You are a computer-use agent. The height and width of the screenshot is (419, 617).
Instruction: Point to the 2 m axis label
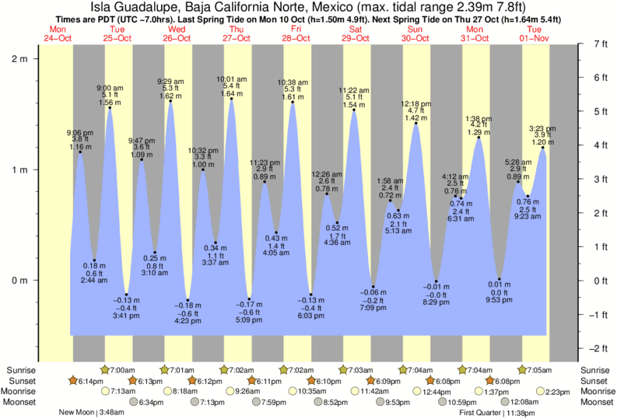pyautogui.click(x=20, y=58)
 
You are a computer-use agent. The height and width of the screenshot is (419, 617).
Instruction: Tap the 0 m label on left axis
pyautogui.click(x=20, y=281)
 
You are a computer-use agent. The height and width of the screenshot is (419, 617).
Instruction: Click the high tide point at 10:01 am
pyautogui.click(x=231, y=99)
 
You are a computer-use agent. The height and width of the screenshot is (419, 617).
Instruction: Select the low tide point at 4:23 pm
pyautogui.click(x=185, y=301)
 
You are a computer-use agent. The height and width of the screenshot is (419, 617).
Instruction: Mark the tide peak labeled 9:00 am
pyautogui.click(x=110, y=107)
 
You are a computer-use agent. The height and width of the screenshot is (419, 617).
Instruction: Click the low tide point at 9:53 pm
pyautogui.click(x=500, y=280)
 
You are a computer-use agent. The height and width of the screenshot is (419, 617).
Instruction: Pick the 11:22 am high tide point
pyautogui.click(x=354, y=110)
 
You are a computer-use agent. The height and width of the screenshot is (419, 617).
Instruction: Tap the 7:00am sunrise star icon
pyautogui.click(x=104, y=369)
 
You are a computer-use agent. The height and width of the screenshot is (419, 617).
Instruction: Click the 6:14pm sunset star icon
pyautogui.click(x=74, y=380)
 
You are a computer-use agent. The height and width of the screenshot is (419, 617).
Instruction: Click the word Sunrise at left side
pyautogui.click(x=21, y=369)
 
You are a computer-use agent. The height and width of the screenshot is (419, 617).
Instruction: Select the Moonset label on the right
pyautogui.click(x=596, y=402)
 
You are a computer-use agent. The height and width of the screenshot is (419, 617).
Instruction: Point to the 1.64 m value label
pyautogui.click(x=231, y=94)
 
